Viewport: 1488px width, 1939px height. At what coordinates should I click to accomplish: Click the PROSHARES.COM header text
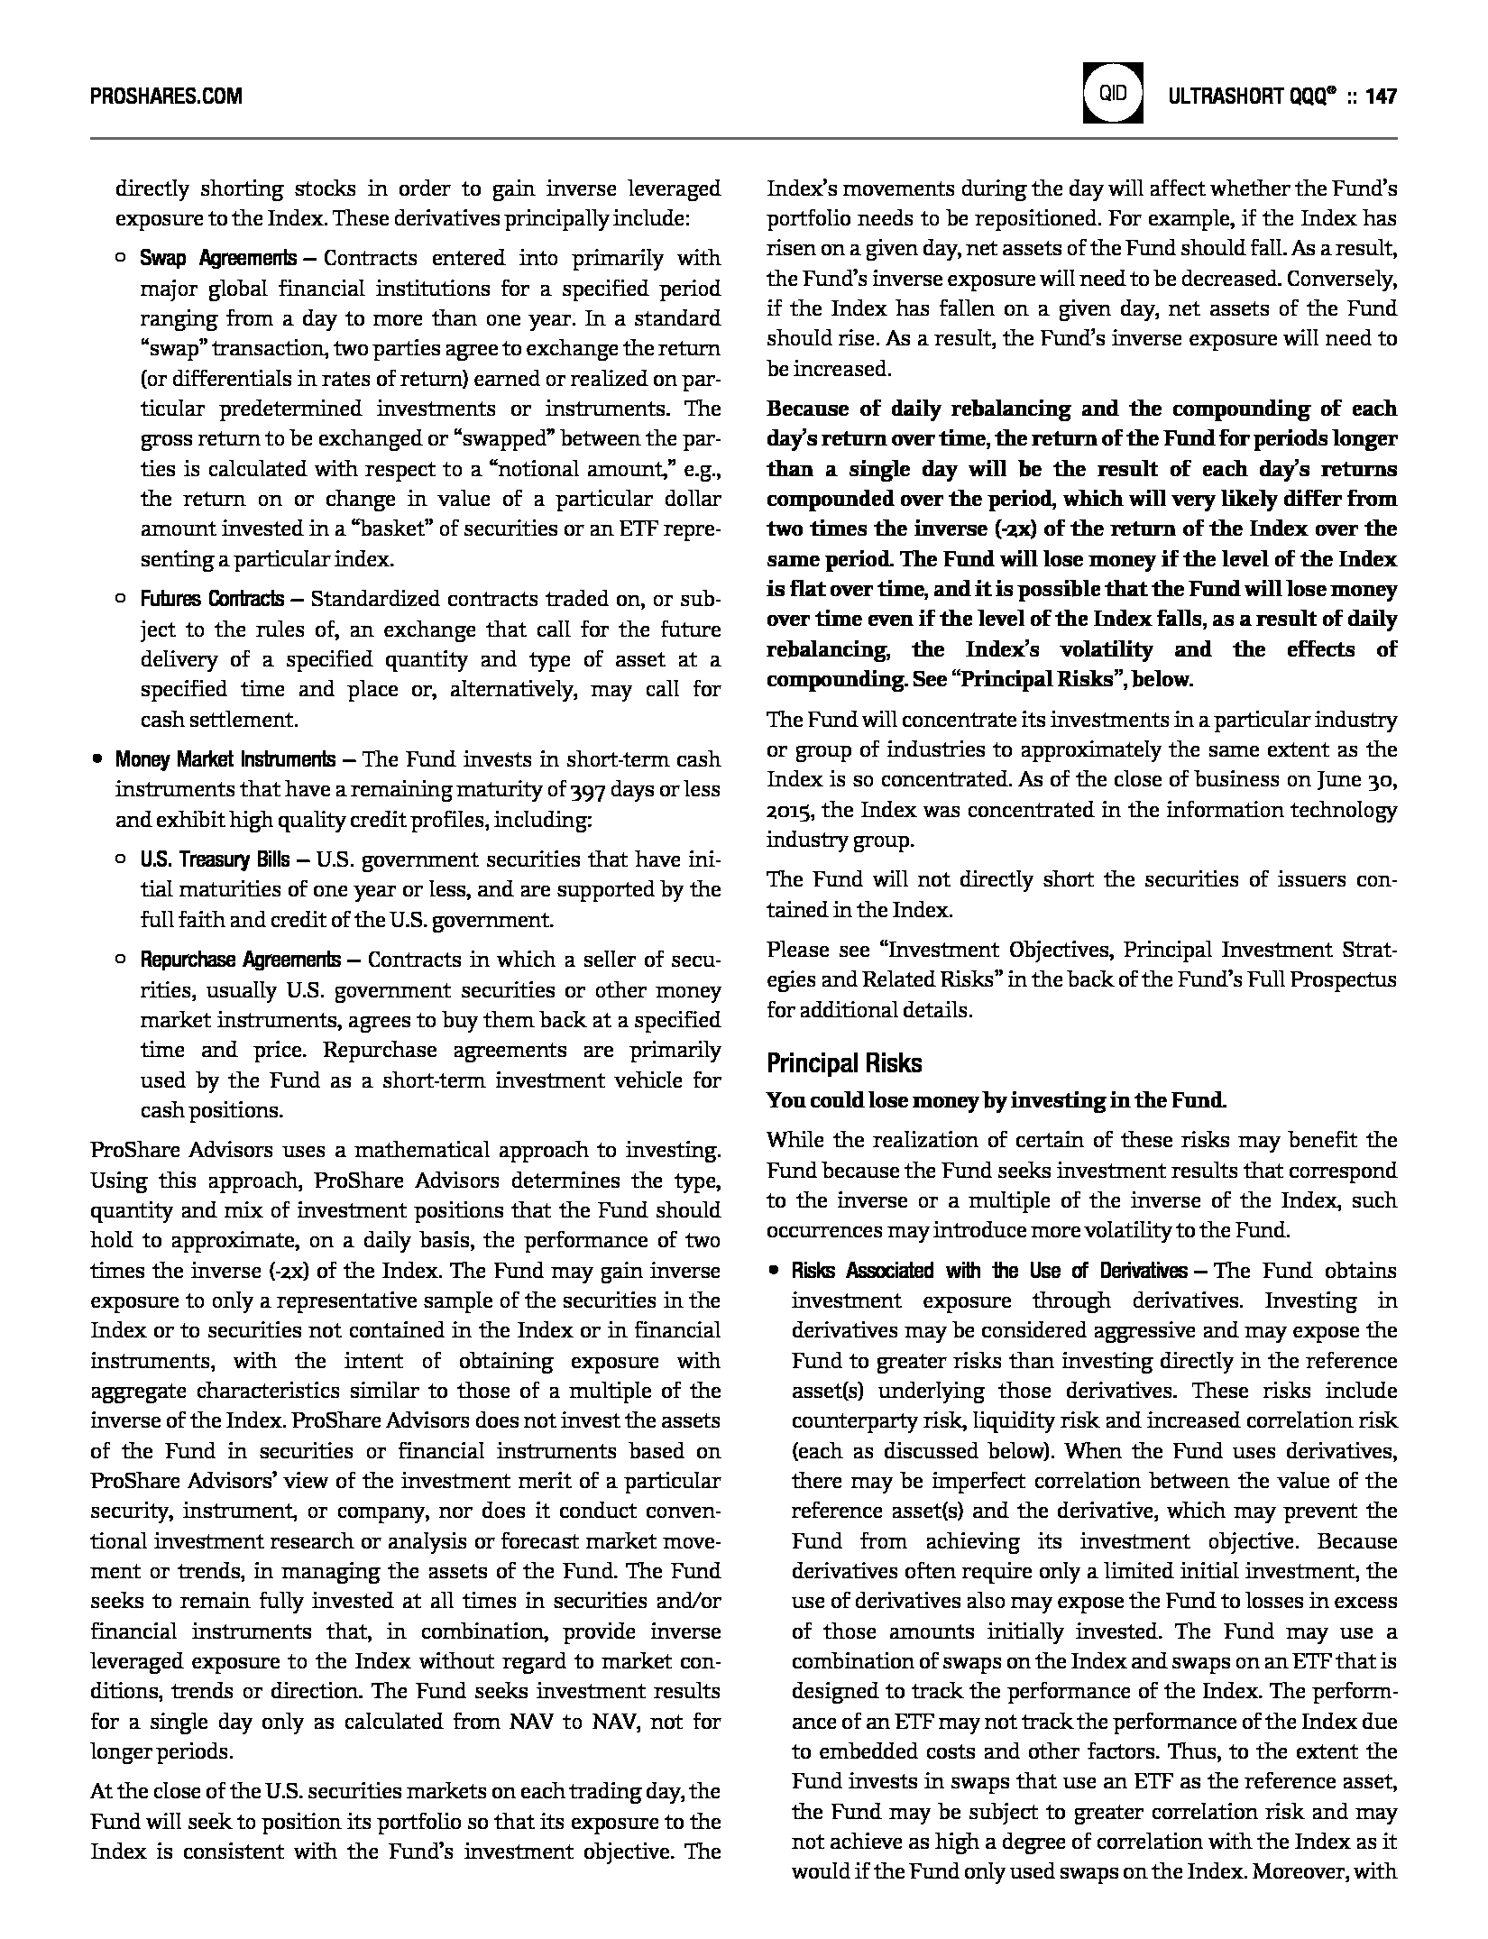(x=166, y=96)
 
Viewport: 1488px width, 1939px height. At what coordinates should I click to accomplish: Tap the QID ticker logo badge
(x=1113, y=93)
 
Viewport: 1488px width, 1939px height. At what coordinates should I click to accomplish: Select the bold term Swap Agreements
(x=217, y=259)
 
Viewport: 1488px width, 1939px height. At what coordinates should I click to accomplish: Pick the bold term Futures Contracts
(x=212, y=599)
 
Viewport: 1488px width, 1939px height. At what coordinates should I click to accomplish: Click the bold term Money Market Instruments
(x=225, y=759)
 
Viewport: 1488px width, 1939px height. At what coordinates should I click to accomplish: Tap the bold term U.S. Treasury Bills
(x=215, y=859)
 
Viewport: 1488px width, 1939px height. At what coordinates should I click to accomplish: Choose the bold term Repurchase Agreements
(x=240, y=960)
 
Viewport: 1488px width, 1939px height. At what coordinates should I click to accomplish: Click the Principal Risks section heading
(x=844, y=1064)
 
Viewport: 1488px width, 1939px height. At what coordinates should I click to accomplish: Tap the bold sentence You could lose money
(x=996, y=1100)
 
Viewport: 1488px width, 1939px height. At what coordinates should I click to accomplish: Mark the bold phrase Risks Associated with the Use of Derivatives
(x=989, y=1272)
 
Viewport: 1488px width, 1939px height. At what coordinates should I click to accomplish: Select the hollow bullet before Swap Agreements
(x=121, y=260)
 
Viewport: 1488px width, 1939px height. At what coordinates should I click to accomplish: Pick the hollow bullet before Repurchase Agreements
(x=121, y=960)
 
